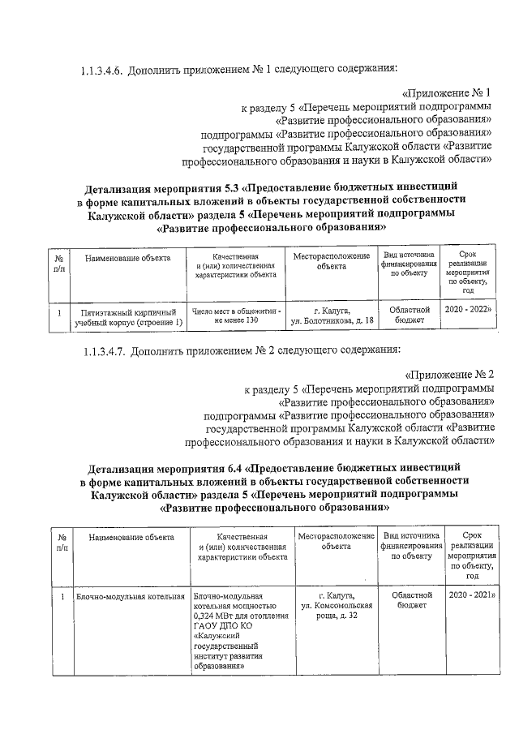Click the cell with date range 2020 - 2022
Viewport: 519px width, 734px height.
[468, 310]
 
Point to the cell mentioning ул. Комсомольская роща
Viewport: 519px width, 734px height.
[336, 606]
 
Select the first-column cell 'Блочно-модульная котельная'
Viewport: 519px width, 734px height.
[131, 596]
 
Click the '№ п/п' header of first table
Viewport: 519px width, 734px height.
[58, 262]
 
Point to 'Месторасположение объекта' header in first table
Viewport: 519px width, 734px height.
[332, 260]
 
